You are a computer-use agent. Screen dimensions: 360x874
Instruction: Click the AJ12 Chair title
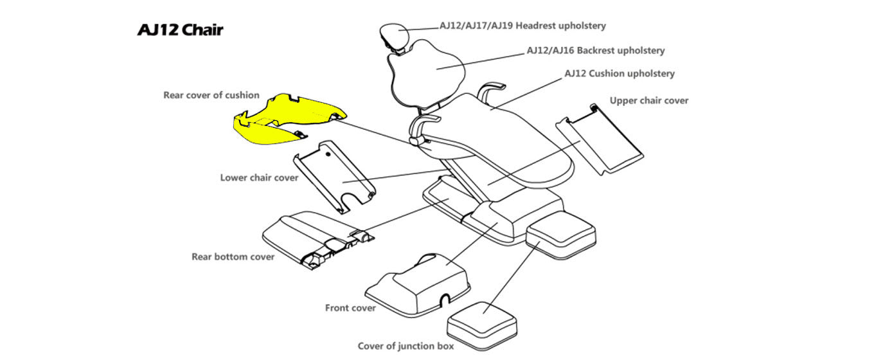(x=180, y=30)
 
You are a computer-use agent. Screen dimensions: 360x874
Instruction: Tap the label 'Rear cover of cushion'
(x=211, y=95)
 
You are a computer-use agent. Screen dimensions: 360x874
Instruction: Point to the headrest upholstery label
(x=522, y=26)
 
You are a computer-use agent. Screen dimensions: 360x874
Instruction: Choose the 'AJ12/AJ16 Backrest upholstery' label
(x=595, y=50)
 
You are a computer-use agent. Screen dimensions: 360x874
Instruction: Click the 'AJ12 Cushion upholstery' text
(x=620, y=73)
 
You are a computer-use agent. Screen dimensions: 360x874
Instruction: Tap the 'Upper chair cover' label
(x=649, y=100)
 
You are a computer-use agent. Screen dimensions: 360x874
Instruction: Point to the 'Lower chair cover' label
(x=259, y=177)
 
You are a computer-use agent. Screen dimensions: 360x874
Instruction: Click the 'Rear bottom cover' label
(x=233, y=256)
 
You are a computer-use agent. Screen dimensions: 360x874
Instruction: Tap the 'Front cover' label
(x=350, y=308)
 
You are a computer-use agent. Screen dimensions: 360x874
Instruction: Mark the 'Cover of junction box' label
(x=406, y=346)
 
